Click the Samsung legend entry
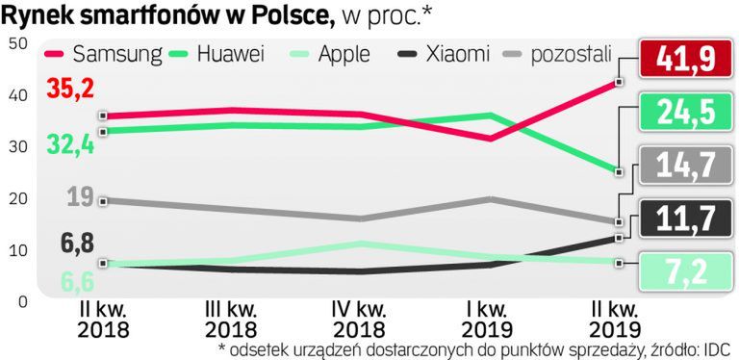tap(104, 54)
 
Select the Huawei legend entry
tap(217, 54)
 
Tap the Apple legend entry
tap(327, 54)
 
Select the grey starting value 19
tap(82, 197)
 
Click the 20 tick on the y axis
tap(16, 198)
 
